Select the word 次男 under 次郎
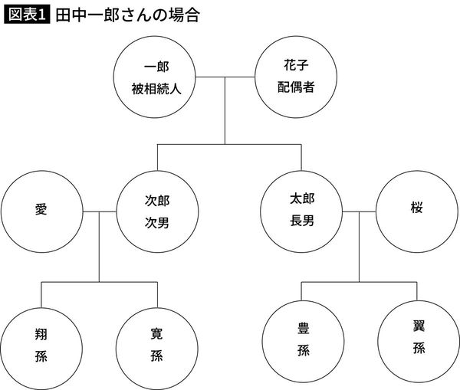pos(157,221)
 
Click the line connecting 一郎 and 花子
pos(223,77)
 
